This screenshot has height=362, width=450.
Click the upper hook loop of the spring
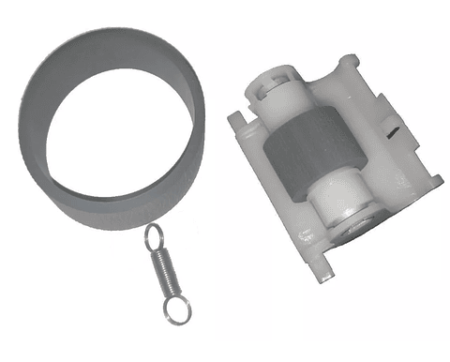point(153,236)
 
